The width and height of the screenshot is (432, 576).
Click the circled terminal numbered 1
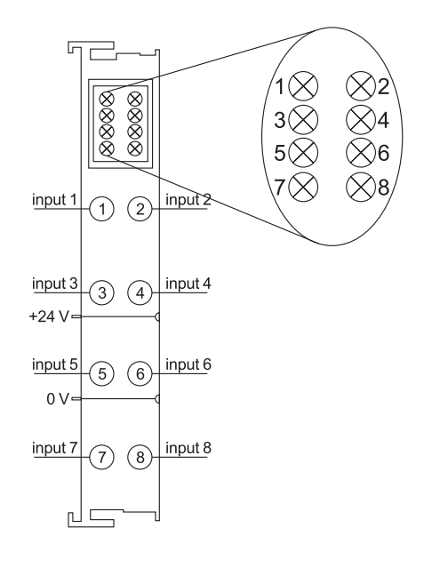tap(102, 209)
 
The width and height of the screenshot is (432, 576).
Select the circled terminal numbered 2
tap(140, 209)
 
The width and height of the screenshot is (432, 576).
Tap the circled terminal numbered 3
tap(102, 292)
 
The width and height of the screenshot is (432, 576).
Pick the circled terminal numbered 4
tap(140, 292)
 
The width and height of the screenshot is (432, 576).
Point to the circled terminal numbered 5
tap(102, 373)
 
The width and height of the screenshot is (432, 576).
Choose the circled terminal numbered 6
tap(140, 373)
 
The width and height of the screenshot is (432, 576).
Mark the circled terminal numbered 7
tap(102, 458)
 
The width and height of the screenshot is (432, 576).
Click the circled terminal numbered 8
tap(140, 458)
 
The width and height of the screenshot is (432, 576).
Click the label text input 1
tap(55, 199)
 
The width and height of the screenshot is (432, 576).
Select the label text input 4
tap(188, 284)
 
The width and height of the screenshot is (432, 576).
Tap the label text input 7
tap(55, 448)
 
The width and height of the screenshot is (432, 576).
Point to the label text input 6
tap(188, 364)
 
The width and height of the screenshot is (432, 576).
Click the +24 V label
tap(49, 316)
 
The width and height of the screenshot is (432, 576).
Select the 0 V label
tap(58, 398)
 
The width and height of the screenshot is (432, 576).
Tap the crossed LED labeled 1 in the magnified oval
tap(303, 86)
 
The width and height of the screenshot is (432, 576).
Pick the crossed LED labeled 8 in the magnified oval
tap(361, 187)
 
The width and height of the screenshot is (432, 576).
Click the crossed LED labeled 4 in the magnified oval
tap(361, 119)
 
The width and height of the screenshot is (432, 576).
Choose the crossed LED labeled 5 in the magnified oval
tap(303, 153)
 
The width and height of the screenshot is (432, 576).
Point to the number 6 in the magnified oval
tap(383, 153)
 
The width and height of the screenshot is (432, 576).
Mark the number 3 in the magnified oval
tap(280, 120)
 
